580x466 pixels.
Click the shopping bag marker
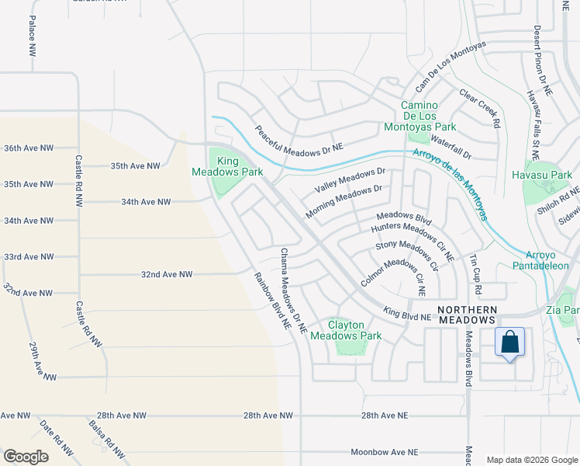point(509,343)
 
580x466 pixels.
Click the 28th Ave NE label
point(384,416)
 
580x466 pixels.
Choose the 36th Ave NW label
point(29,148)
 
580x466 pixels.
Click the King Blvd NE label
point(407,315)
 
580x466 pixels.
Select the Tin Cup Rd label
point(476,274)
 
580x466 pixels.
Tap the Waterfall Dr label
point(451,148)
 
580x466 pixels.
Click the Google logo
point(26,457)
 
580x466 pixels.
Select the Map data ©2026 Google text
point(531,460)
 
